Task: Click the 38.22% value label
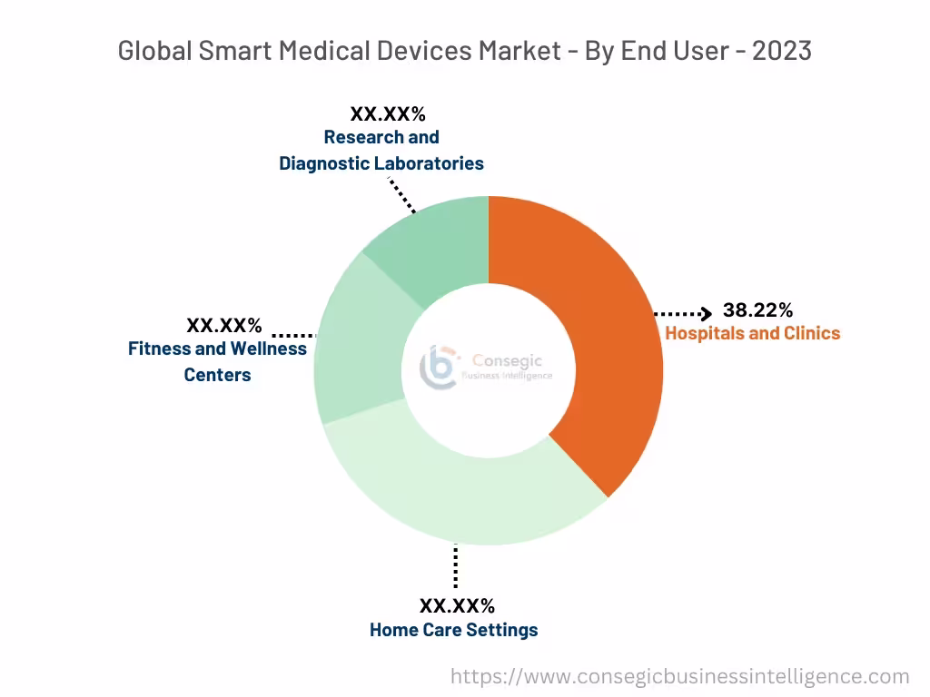(x=757, y=310)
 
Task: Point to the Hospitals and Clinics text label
(x=752, y=333)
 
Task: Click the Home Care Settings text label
(x=453, y=630)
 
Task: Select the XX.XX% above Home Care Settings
(x=457, y=605)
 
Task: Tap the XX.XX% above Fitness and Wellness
(x=224, y=325)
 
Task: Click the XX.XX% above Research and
(x=388, y=114)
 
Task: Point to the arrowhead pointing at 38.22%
(x=706, y=314)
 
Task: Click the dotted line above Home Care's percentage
(x=455, y=567)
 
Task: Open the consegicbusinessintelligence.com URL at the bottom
(x=679, y=676)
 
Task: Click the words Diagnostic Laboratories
(x=381, y=163)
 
